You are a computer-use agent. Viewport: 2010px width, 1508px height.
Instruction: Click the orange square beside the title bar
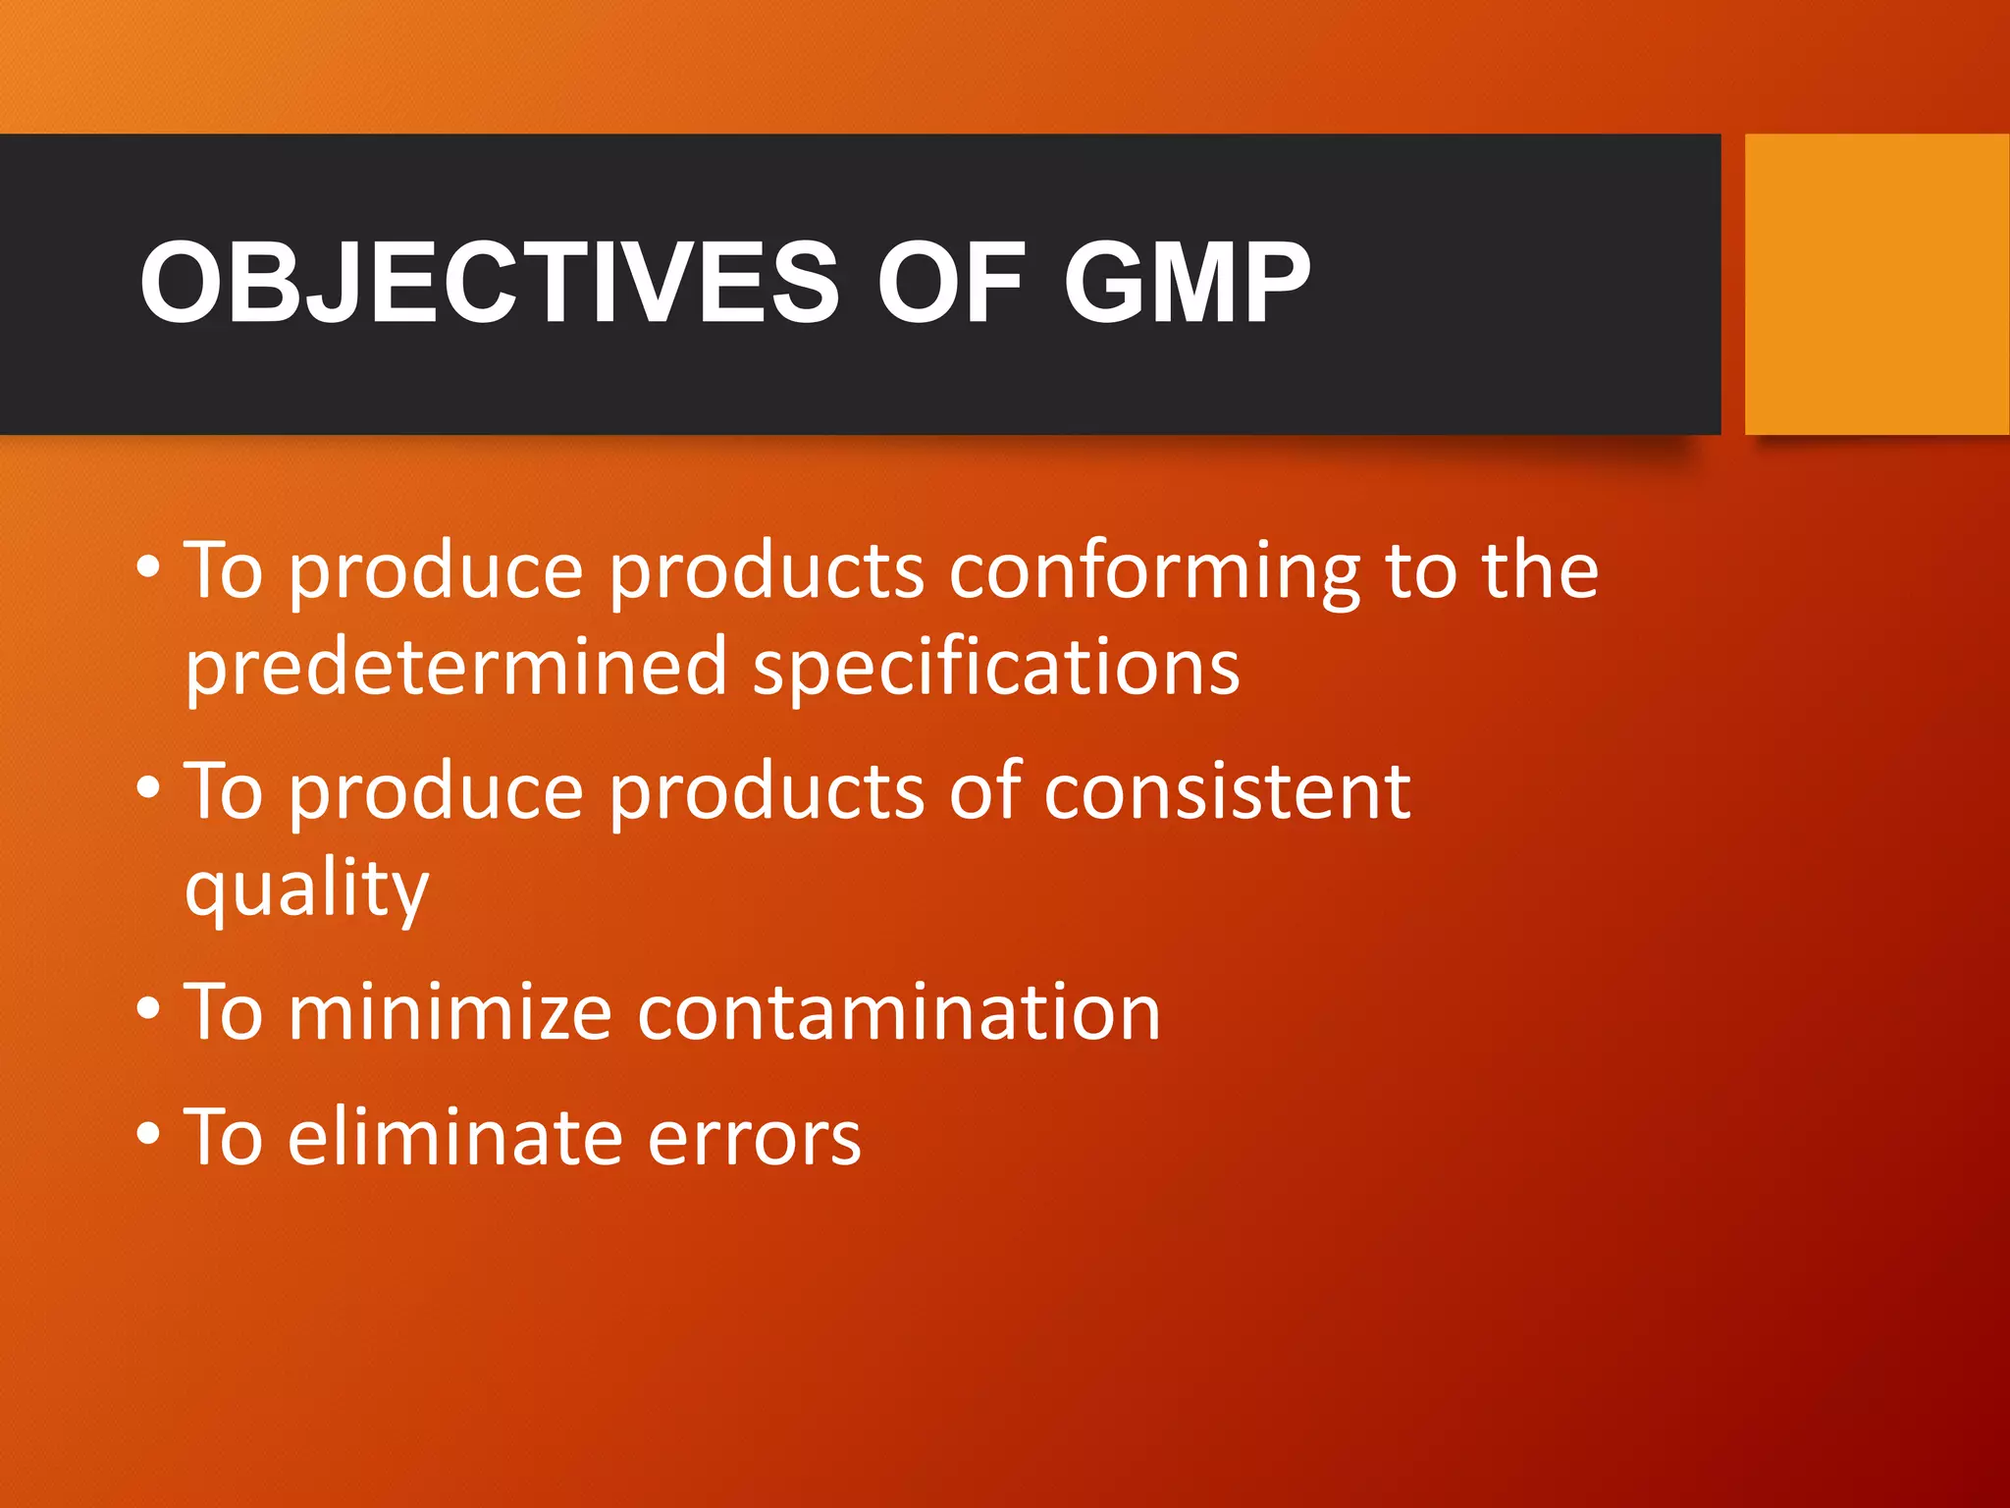pos(1877,284)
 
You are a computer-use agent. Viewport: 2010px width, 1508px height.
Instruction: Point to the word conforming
pos(1154,573)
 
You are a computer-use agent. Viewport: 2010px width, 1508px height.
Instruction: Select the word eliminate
pos(455,1137)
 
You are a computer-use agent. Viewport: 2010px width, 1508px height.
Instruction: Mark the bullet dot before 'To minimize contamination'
pos(148,1008)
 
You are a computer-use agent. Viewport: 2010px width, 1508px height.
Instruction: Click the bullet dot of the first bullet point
pos(148,566)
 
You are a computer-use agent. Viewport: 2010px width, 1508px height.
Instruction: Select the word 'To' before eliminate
pos(224,1137)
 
